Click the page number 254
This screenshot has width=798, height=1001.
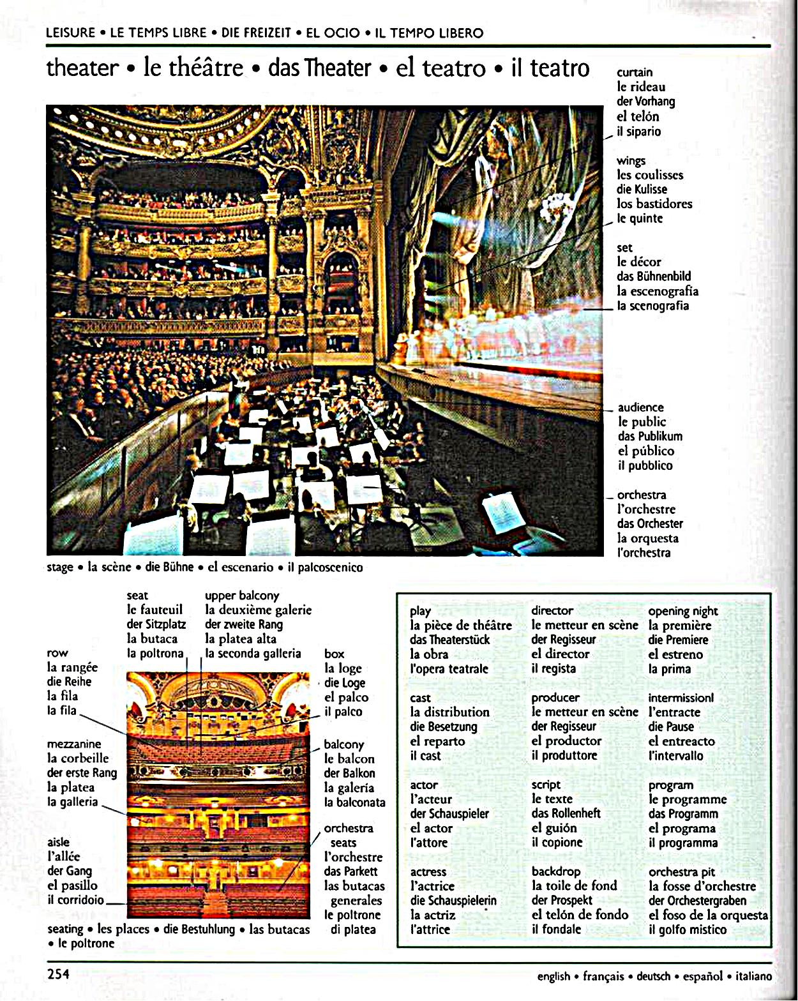click(x=58, y=974)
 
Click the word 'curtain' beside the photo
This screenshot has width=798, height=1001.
click(x=634, y=72)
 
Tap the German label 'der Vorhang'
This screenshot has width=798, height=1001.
click(x=645, y=102)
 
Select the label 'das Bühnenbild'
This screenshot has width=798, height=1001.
click(x=654, y=276)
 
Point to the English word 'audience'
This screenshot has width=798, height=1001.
click(x=640, y=407)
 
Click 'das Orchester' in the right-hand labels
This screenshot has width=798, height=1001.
click(x=650, y=523)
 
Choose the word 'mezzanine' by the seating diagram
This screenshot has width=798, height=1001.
click(x=74, y=744)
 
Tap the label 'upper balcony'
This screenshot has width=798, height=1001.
click(x=242, y=596)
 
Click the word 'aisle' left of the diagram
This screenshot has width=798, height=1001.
click(x=58, y=842)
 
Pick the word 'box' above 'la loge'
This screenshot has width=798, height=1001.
click(x=334, y=654)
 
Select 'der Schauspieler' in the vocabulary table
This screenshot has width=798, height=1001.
click(x=449, y=814)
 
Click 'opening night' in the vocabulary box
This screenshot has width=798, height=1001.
click(x=682, y=611)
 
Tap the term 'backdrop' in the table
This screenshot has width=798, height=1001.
click(x=555, y=871)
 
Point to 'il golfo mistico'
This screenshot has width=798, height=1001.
click(x=688, y=929)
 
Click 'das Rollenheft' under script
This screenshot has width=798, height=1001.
click(x=566, y=813)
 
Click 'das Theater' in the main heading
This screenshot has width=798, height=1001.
click(x=320, y=68)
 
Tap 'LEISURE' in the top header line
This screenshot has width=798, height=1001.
click(x=70, y=33)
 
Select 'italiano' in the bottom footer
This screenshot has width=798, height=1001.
click(x=753, y=976)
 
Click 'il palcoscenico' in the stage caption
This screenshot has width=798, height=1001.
click(x=325, y=567)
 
